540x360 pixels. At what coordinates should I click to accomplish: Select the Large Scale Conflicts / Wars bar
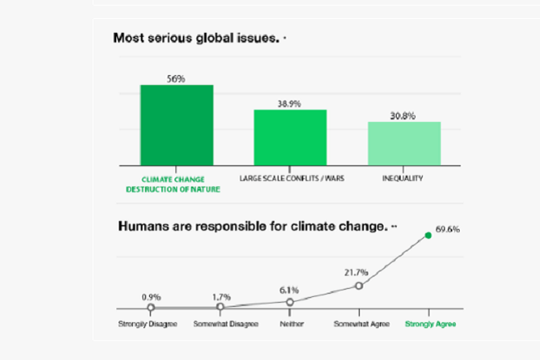tap(290, 137)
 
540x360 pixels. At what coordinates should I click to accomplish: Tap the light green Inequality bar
tap(403, 143)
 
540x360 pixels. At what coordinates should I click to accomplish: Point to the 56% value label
tap(176, 79)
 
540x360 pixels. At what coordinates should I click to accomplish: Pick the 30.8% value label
tap(403, 115)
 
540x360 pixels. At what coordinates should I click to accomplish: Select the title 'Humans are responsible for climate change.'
tap(252, 226)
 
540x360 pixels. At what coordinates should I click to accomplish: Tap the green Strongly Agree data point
tap(428, 236)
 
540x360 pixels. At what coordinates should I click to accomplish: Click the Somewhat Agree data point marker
tap(358, 286)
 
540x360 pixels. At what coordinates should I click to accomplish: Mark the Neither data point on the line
tap(290, 302)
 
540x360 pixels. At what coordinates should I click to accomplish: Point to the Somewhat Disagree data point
tap(220, 307)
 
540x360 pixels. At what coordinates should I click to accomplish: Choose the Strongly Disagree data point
tap(151, 308)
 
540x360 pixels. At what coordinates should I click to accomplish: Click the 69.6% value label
tap(448, 229)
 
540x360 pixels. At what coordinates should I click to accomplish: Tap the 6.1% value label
tap(289, 289)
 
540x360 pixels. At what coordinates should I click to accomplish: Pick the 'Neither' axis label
tap(290, 323)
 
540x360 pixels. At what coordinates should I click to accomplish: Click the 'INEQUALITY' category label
tap(403, 177)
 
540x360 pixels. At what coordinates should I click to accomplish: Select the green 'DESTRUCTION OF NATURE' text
tap(173, 188)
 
